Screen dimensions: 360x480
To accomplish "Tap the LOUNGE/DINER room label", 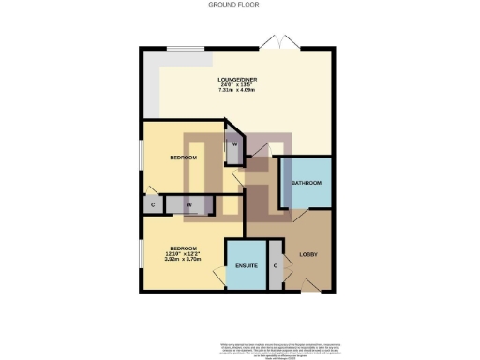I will point(237,80).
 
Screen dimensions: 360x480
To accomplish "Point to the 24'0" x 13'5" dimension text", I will point(237,85).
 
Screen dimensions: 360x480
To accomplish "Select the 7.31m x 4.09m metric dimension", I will point(237,92).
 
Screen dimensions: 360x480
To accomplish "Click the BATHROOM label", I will point(306,182).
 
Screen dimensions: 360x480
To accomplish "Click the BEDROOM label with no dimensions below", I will point(183,157).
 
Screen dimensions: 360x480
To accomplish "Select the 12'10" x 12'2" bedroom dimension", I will point(183,254).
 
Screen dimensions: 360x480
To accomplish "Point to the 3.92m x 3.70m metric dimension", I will point(183,260).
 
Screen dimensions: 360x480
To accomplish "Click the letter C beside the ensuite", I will point(276,266).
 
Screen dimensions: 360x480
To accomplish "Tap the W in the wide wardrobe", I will point(188,204).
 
